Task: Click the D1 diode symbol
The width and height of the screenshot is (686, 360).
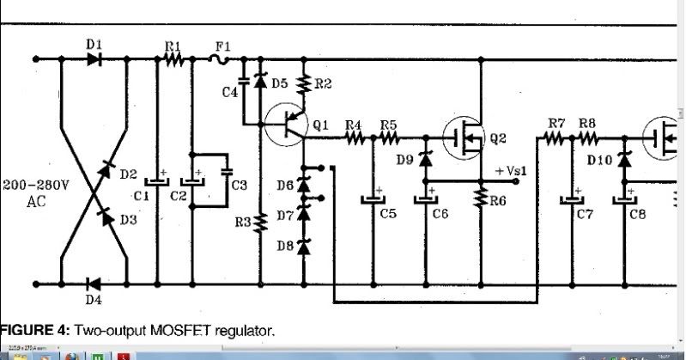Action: tap(94, 59)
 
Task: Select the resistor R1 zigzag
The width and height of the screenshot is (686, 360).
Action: tap(175, 59)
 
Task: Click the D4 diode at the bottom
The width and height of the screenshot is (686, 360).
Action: tap(94, 284)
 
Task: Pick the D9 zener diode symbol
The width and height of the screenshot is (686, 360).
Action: tap(427, 159)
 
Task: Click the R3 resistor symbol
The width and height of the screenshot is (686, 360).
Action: tap(260, 223)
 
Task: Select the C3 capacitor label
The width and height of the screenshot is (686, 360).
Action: tap(239, 185)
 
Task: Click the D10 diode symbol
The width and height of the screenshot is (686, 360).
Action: tap(624, 159)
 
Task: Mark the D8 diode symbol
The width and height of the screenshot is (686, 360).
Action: tap(303, 247)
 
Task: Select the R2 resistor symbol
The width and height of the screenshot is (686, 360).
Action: tap(303, 83)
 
